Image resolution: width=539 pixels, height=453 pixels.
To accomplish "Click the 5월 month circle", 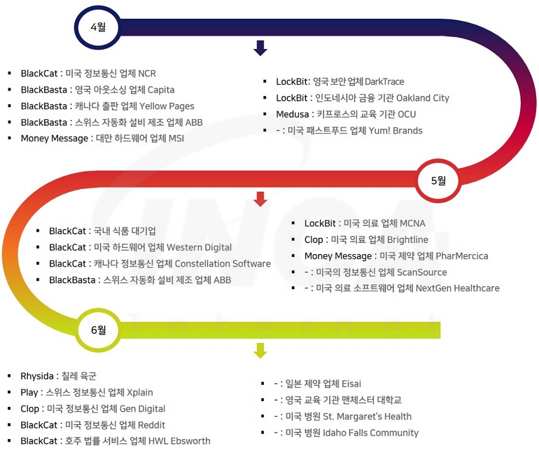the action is tap(438, 181).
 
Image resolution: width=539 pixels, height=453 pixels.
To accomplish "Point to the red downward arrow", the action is tap(260, 199).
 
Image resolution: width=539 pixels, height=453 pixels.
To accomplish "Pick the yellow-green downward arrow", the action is tap(260, 350).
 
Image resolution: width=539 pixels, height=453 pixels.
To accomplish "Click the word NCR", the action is tap(148, 74).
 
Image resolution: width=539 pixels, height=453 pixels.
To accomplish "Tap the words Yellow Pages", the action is tap(167, 106).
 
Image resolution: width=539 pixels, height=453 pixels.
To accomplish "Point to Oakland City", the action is tap(423, 98).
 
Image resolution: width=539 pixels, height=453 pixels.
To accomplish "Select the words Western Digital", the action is tap(199, 247).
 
